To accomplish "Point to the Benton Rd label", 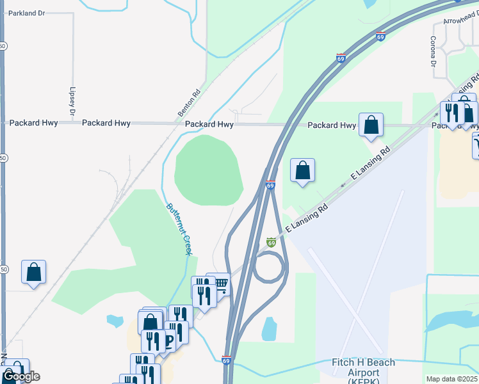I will tap(189, 102).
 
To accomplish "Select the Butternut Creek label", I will tap(179, 228).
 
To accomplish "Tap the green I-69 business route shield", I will tap(271, 243).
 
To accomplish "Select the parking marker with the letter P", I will tap(169, 342).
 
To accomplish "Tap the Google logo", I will tap(21, 376).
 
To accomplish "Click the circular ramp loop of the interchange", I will tap(269, 267).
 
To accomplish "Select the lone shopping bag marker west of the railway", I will tap(33, 271).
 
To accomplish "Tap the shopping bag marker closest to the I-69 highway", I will tap(303, 170).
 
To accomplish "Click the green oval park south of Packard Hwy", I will tap(209, 170).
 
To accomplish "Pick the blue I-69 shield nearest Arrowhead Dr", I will tap(380, 37).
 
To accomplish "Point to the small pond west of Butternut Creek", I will tap(115, 320).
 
